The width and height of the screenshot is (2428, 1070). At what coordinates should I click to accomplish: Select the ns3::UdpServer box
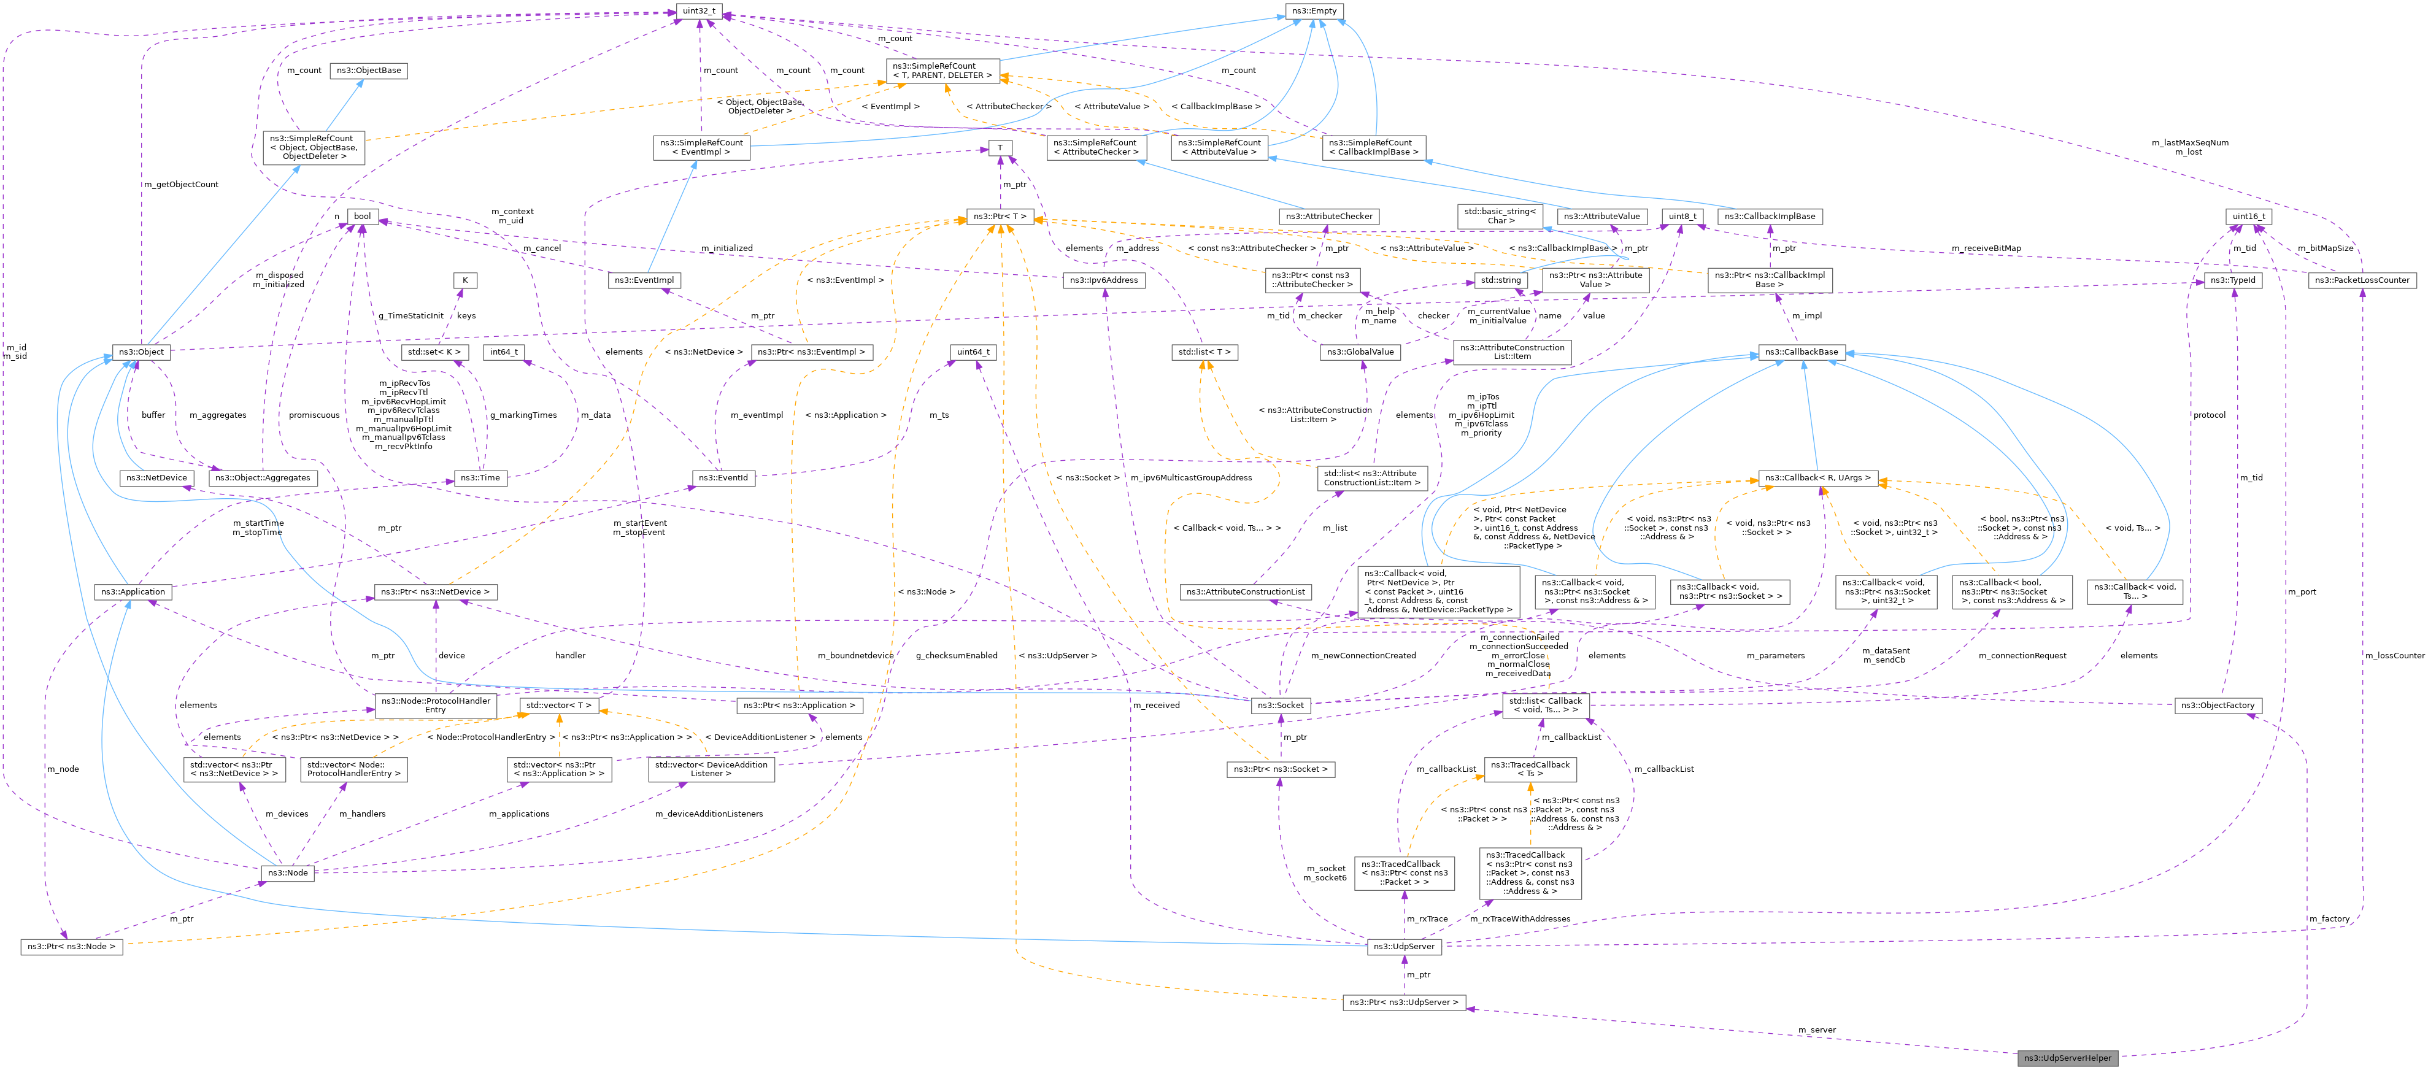click(1403, 945)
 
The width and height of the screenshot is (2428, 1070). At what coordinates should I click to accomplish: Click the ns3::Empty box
click(1313, 11)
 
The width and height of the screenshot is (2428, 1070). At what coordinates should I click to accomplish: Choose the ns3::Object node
click(141, 352)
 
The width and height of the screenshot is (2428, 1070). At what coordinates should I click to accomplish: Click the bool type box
click(362, 216)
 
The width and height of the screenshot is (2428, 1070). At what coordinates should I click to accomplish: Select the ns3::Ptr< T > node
click(999, 217)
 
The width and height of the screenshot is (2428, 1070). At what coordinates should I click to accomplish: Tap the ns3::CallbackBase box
click(1801, 352)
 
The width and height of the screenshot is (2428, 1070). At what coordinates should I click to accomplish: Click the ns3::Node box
click(288, 872)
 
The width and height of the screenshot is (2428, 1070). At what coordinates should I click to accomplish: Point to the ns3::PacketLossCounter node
click(2362, 280)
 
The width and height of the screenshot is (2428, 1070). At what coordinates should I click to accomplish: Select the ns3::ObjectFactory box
click(2218, 705)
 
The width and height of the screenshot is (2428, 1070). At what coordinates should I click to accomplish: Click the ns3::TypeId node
click(2233, 280)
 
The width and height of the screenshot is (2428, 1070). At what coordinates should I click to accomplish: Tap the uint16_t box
click(2249, 216)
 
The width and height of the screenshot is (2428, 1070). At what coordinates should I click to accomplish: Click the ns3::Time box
click(480, 478)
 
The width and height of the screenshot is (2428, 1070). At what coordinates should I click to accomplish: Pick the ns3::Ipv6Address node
click(1104, 280)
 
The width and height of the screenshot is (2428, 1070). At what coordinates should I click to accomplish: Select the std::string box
click(1500, 280)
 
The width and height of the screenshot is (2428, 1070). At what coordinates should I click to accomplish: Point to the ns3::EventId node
click(723, 478)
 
